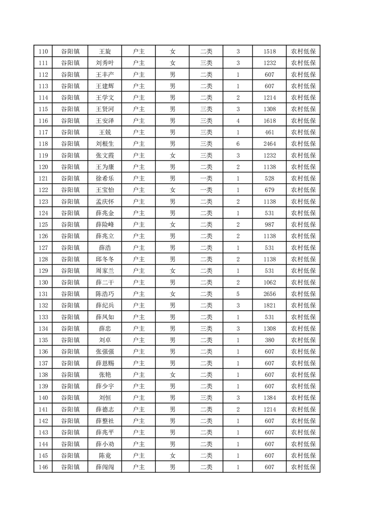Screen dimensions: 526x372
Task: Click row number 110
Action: click(x=43, y=52)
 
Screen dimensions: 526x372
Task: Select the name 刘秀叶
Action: click(x=105, y=63)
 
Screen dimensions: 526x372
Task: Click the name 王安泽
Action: click(x=105, y=120)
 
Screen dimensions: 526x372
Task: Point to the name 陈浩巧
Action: click(x=105, y=293)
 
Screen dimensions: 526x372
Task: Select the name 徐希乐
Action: click(x=105, y=178)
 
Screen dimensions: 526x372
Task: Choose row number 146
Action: click(x=43, y=467)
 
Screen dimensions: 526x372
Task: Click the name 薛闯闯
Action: click(x=105, y=467)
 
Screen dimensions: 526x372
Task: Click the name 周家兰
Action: click(x=105, y=271)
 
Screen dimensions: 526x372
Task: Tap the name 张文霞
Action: click(x=105, y=155)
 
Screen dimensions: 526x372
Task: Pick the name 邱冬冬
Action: click(x=105, y=259)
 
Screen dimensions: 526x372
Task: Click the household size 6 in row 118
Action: click(x=238, y=143)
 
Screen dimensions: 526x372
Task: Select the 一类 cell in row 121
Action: click(x=206, y=178)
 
